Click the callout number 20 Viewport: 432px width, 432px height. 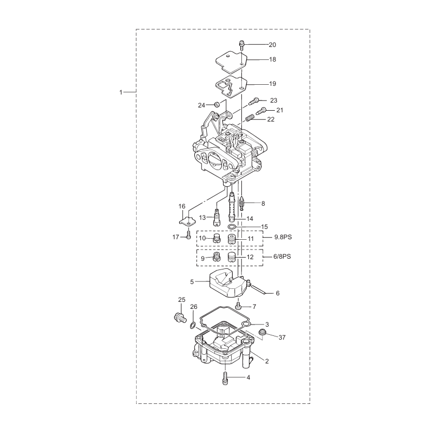272,44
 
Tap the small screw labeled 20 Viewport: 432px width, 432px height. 242,44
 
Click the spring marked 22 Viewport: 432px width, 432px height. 250,117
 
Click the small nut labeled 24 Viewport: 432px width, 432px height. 216,104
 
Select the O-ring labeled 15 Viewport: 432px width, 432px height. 232,228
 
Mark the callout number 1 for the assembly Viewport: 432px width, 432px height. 121,92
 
